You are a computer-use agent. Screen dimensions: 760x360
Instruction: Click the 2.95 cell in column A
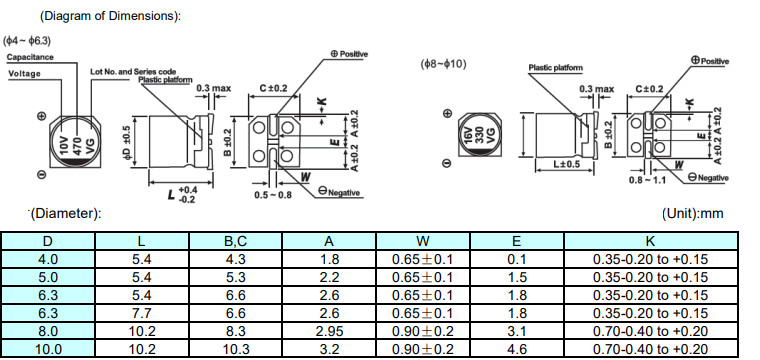tap(329, 331)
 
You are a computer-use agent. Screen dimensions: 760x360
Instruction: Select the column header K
tap(650, 241)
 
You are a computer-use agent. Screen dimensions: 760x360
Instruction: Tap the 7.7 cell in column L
tap(142, 313)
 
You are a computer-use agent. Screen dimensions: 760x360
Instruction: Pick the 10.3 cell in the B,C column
tap(235, 349)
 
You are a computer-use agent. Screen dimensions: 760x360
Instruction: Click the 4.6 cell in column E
tap(516, 349)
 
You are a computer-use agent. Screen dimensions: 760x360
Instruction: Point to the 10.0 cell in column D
tap(48, 349)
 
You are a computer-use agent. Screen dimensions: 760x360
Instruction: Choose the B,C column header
tap(235, 241)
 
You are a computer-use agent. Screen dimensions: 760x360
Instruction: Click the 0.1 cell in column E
tap(516, 259)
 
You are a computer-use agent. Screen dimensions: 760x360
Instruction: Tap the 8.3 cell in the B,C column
tap(235, 331)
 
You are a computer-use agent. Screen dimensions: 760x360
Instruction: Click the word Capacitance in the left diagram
tap(30, 57)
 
